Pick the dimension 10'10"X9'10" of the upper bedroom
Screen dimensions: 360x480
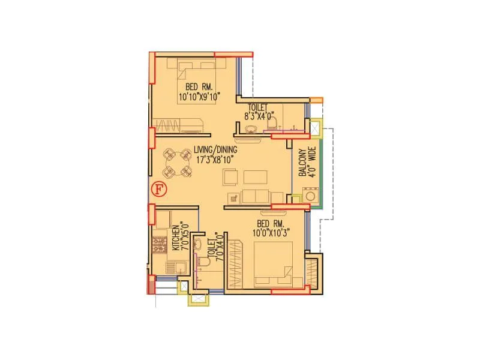point(199,96)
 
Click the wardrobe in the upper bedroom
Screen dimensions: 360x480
point(180,125)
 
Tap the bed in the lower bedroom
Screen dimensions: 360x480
point(274,264)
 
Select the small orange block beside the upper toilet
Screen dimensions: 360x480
point(317,100)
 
